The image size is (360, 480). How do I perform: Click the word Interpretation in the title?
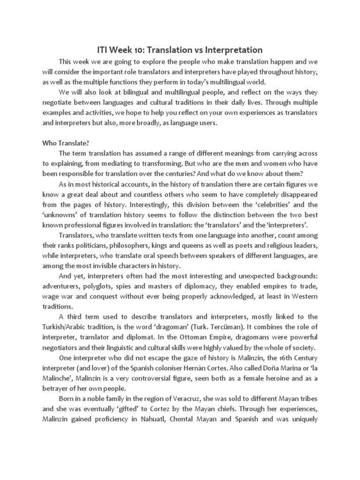[x=232, y=50]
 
